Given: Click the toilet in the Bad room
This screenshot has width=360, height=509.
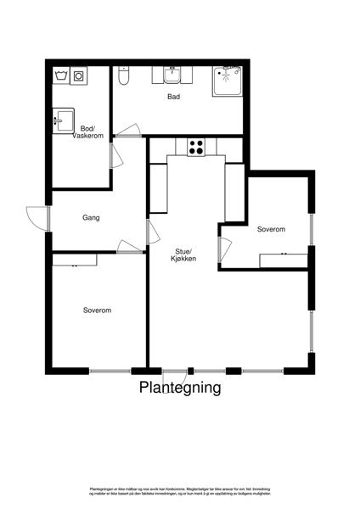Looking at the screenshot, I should (x=124, y=78).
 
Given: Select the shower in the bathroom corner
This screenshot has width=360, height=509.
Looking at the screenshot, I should (x=228, y=81).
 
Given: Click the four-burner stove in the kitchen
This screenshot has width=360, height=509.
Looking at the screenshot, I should (x=195, y=147).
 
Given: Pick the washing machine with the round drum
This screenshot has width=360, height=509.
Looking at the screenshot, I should (x=79, y=76).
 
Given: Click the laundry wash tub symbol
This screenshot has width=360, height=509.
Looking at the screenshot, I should (x=61, y=76).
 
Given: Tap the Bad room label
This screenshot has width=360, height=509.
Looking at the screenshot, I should (x=173, y=98).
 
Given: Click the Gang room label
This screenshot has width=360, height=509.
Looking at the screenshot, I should (x=91, y=218).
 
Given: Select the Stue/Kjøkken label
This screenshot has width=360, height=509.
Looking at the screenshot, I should (x=185, y=255).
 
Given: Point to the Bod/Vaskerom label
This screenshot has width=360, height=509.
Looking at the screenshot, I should (x=87, y=132).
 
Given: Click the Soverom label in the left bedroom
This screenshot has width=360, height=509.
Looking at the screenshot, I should (x=97, y=310).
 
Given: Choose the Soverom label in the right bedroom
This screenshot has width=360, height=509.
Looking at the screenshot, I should (x=271, y=230).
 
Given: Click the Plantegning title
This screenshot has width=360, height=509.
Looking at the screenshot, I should (x=180, y=389).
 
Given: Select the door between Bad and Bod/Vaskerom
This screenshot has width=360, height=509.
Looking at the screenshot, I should (x=129, y=131).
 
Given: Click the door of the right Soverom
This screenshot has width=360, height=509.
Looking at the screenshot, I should (x=224, y=251).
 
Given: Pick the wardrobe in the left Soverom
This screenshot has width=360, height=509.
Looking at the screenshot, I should (x=74, y=261).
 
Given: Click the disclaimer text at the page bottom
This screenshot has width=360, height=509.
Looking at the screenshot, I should (x=180, y=492).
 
